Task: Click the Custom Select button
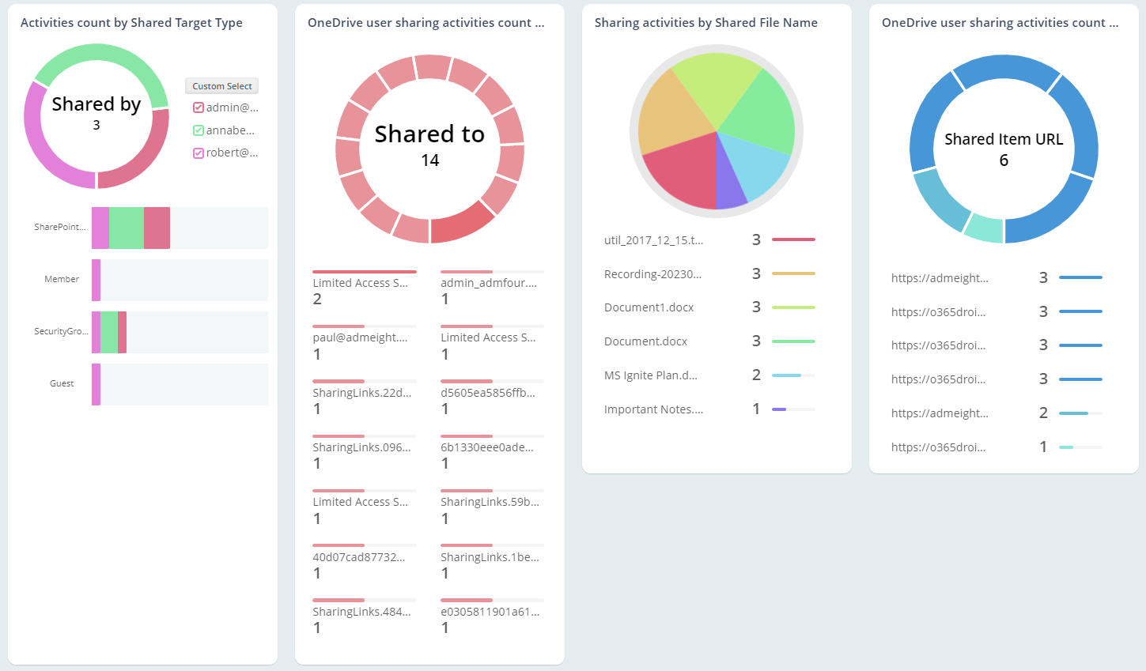point(221,86)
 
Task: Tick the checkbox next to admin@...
point(199,107)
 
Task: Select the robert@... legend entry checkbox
point(199,153)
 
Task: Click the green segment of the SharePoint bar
point(127,228)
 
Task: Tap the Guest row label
point(62,383)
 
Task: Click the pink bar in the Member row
point(96,280)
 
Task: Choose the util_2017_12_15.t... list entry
point(653,240)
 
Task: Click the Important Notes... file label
point(653,409)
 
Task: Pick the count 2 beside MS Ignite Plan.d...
point(756,375)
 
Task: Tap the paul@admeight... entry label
point(360,337)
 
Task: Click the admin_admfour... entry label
point(488,283)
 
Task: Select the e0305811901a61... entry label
point(490,612)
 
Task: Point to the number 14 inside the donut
point(429,160)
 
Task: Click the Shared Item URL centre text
point(1003,140)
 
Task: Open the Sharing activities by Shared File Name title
point(705,23)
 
